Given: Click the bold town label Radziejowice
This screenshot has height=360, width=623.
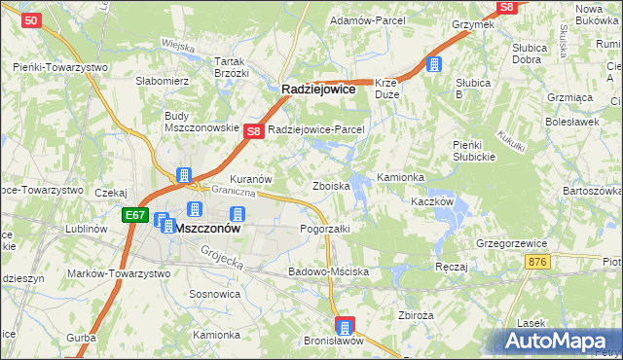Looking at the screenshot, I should (319, 88).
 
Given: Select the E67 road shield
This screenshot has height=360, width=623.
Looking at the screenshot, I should (135, 215).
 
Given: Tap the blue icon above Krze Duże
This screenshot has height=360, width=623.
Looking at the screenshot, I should (434, 65).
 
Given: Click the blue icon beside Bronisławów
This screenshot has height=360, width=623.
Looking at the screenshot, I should (345, 325).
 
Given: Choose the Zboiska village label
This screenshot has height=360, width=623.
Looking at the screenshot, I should (330, 185).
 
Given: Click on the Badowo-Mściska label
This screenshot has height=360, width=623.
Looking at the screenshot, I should (328, 271).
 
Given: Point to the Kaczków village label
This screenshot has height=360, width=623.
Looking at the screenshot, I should (433, 201).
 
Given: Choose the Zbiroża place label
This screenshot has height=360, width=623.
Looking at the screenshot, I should (416, 314).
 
